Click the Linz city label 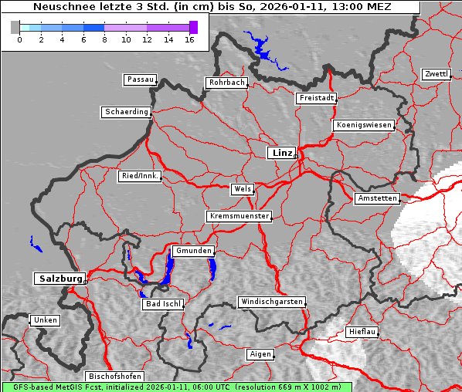click(x=281, y=153)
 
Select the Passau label click(x=140, y=79)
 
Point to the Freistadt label click(x=316, y=98)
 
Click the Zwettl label click(x=436, y=74)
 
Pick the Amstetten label click(x=377, y=198)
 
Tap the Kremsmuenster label click(x=239, y=217)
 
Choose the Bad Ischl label click(x=163, y=304)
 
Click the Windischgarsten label click(x=270, y=302)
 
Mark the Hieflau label click(x=362, y=331)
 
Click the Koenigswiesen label click(x=364, y=125)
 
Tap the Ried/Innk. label click(x=140, y=176)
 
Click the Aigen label click(x=260, y=354)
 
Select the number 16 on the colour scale click(x=189, y=39)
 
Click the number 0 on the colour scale click(x=19, y=39)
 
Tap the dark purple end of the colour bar click(x=193, y=27)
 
